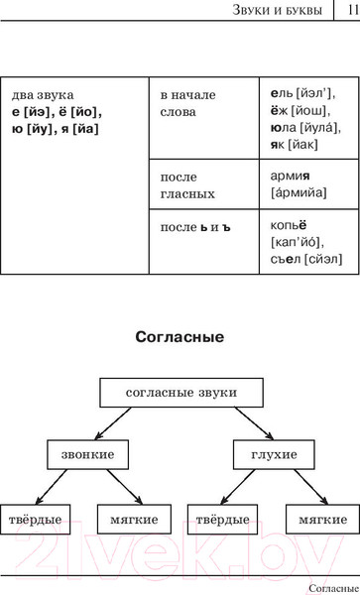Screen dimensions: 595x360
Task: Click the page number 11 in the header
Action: pos(349,11)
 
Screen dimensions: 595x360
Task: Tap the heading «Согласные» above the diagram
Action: pos(180,337)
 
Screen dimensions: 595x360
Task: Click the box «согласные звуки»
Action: pos(180,393)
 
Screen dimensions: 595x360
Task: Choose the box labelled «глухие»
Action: pos(266,454)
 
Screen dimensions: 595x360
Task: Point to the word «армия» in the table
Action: pos(290,176)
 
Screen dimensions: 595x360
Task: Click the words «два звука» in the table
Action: pos(40,94)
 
